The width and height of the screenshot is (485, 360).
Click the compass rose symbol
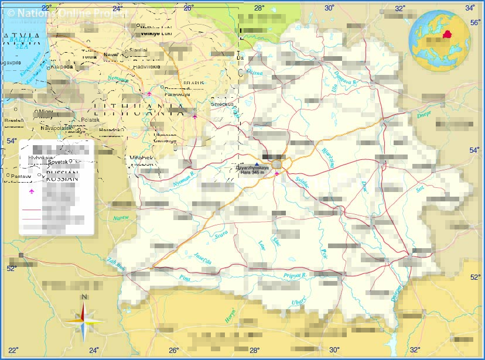(x=84, y=320)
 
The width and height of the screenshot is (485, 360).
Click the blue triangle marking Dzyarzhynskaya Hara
(x=256, y=164)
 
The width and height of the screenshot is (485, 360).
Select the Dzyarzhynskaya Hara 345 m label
(x=252, y=170)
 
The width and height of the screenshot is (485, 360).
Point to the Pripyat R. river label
(x=295, y=275)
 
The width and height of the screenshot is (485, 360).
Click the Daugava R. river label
(x=345, y=78)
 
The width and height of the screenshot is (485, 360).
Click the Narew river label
(x=121, y=218)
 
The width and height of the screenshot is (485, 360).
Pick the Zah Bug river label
(x=116, y=264)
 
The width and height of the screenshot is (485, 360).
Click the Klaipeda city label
(x=62, y=67)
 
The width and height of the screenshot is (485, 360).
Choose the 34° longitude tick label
(x=470, y=8)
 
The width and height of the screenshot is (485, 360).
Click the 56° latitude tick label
(x=475, y=22)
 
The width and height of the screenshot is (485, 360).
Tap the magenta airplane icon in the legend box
(x=32, y=191)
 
